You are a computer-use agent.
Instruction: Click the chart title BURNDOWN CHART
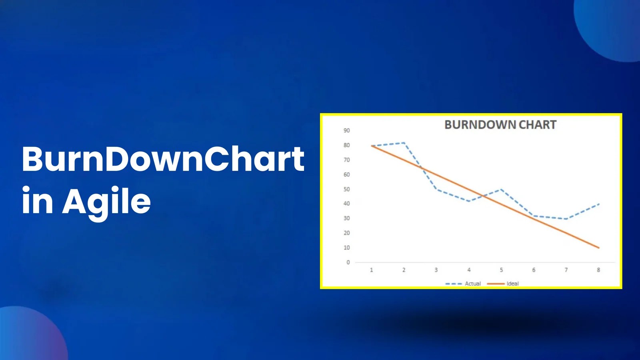[500, 124]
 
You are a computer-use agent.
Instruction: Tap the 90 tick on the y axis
[346, 130]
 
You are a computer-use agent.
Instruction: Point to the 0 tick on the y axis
[348, 262]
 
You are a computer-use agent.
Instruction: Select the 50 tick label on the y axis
[346, 189]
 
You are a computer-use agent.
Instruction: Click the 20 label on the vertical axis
[346, 233]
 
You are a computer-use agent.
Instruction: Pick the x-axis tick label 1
[372, 270]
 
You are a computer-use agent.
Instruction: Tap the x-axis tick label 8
[598, 270]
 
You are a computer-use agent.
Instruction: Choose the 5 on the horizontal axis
[501, 270]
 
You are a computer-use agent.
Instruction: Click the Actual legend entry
[463, 284]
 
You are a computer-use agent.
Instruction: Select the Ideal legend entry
[503, 284]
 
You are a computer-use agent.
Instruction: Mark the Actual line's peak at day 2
[404, 142]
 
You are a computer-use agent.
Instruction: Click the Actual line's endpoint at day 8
[598, 204]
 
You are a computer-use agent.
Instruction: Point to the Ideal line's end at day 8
[598, 248]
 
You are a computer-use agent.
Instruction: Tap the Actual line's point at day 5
[501, 189]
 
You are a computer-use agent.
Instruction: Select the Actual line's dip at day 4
[469, 201]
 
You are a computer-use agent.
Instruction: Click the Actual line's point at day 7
[566, 219]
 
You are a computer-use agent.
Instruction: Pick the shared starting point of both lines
[372, 146]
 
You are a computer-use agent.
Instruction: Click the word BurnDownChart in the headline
[163, 159]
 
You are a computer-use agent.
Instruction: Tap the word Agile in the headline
[106, 201]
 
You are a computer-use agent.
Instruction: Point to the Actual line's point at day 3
[436, 189]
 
